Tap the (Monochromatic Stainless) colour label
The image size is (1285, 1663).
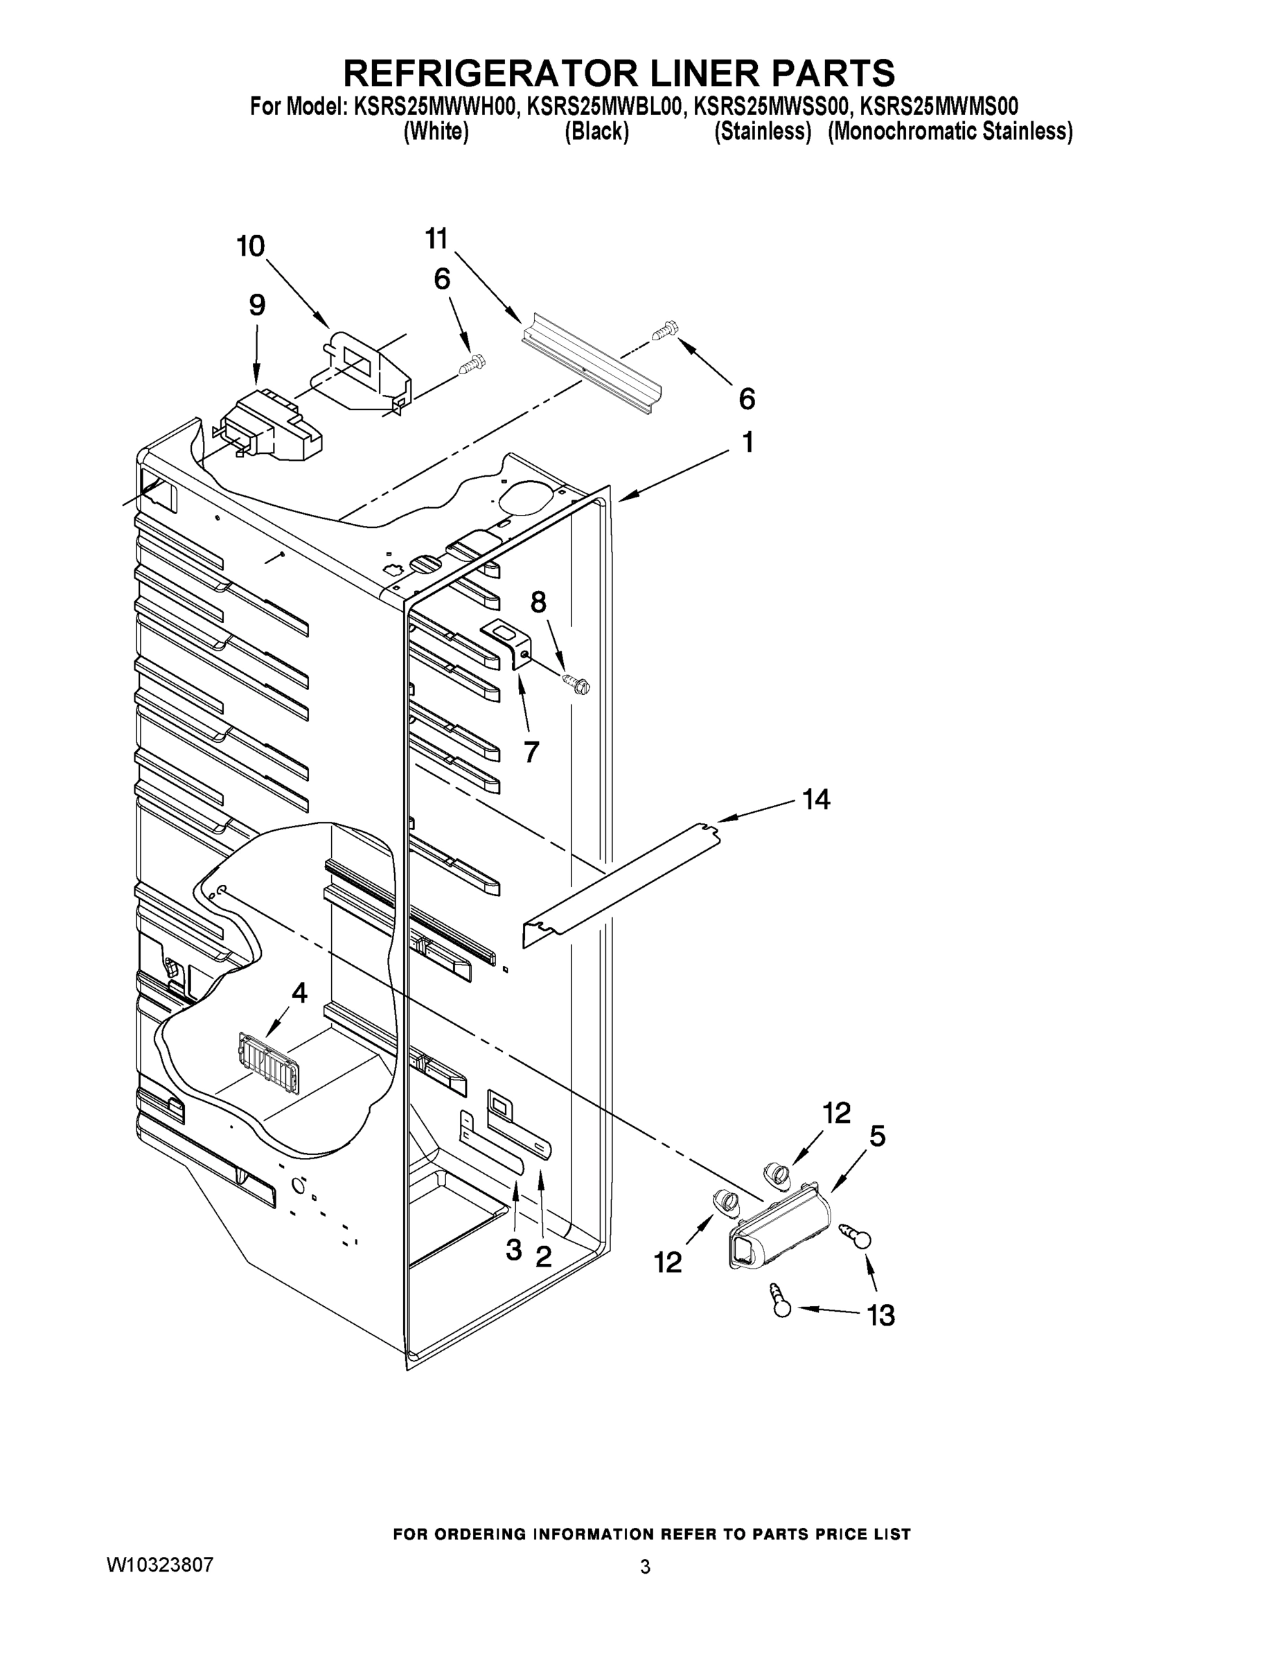[x=950, y=132]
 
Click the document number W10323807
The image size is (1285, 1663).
[x=160, y=1564]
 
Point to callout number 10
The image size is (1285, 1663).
[x=251, y=247]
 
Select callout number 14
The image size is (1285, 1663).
[x=815, y=800]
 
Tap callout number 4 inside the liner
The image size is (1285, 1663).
[x=299, y=992]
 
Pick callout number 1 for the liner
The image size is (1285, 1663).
[x=747, y=442]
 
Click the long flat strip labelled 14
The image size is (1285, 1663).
[x=621, y=883]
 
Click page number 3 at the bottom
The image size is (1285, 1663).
[x=645, y=1567]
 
